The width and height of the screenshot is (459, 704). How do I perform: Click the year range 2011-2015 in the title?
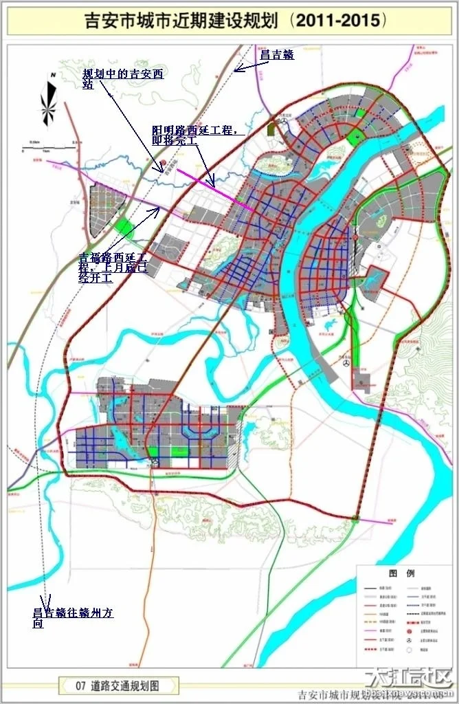coord(335,21)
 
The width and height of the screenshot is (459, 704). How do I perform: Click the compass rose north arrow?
coord(49,104)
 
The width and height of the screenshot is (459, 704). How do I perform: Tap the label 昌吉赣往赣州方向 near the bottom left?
coord(73,617)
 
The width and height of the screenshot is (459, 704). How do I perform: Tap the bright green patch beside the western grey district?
coord(124,225)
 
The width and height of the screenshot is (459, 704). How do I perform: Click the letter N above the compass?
coord(52,75)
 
